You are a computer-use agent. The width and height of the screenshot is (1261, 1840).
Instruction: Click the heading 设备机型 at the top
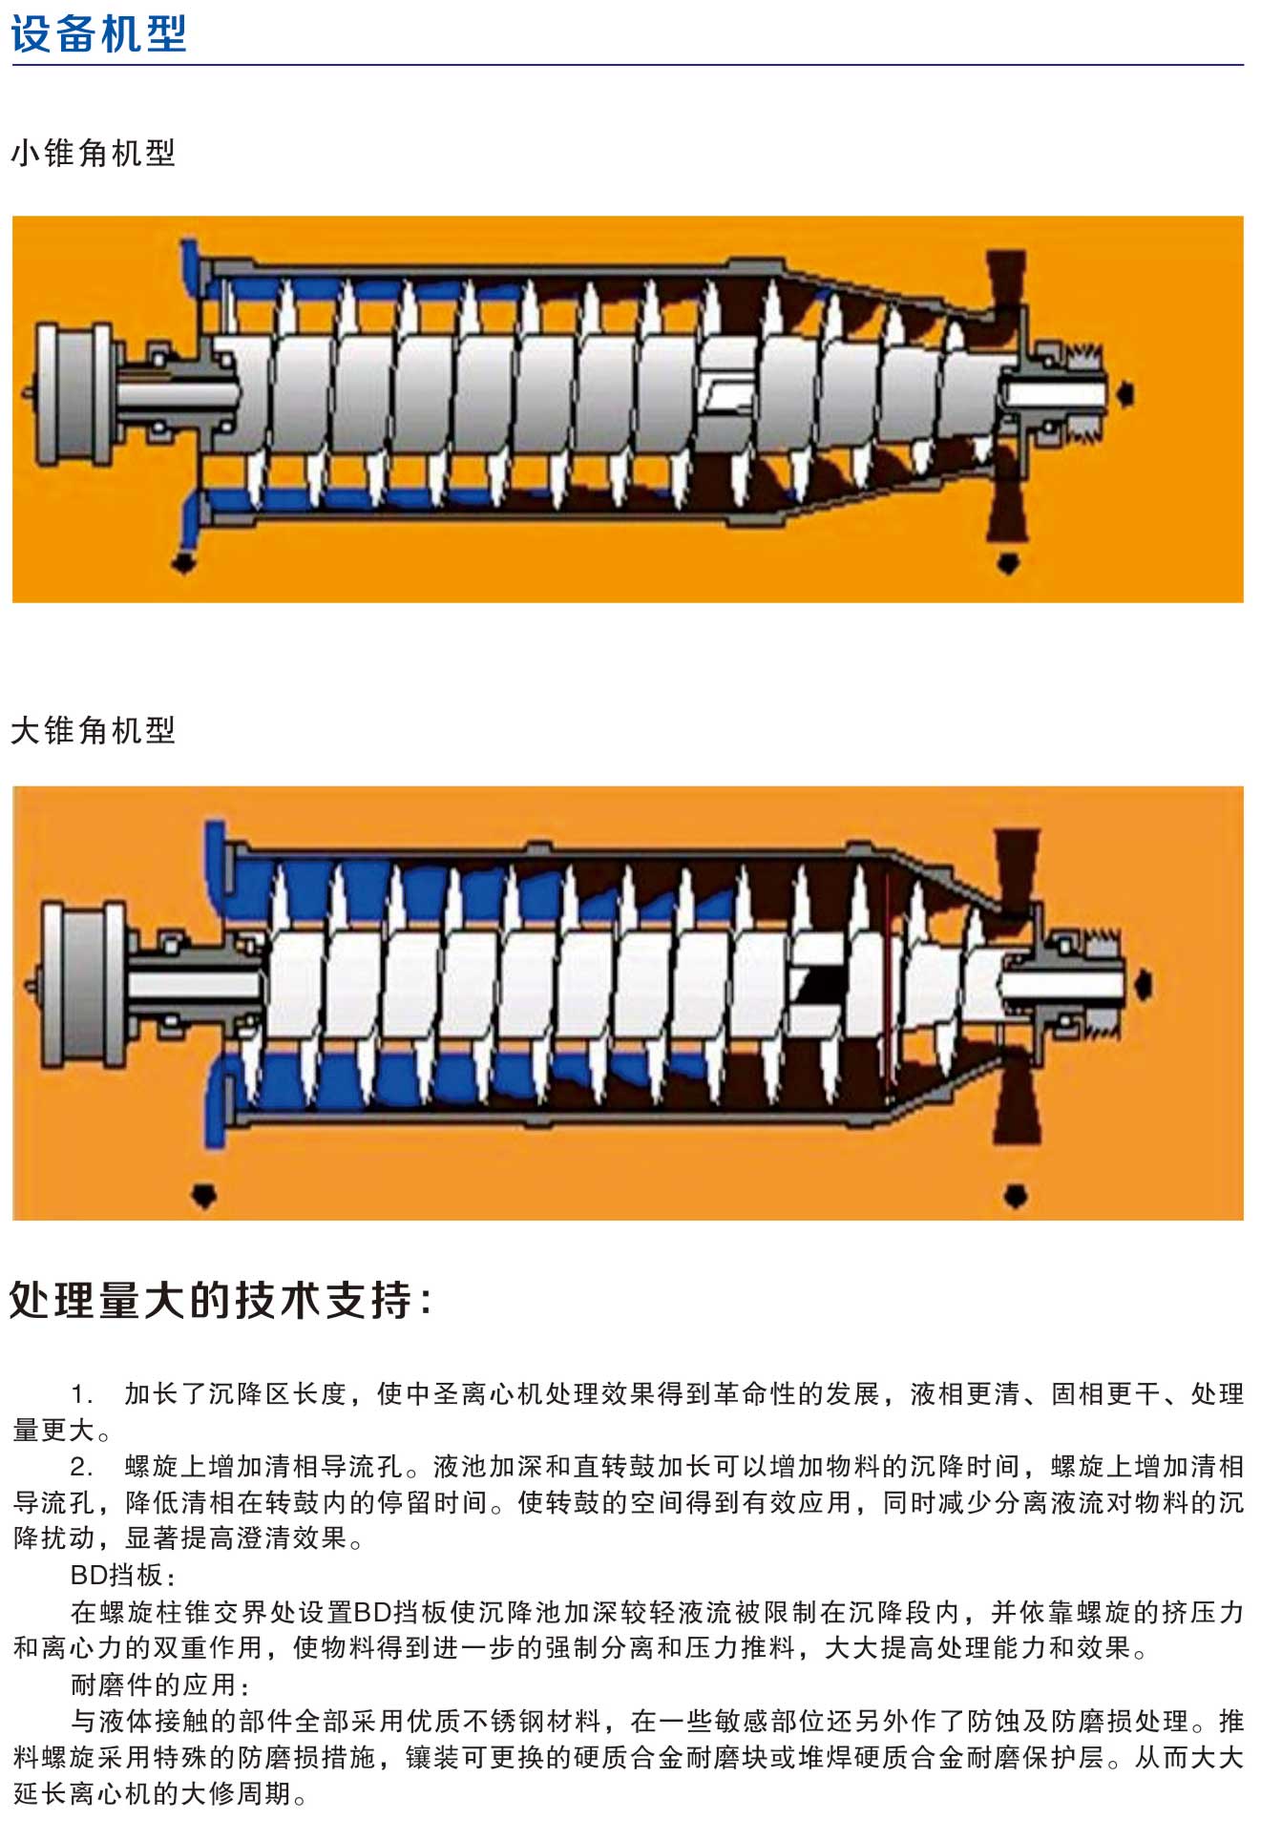point(98,34)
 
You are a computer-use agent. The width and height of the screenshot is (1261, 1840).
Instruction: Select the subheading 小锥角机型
point(94,153)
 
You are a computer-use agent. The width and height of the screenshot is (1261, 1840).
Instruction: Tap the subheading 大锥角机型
point(94,730)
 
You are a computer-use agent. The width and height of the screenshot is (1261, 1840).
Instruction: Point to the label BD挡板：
point(122,1576)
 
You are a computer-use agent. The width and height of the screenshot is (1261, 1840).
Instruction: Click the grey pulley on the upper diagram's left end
point(70,394)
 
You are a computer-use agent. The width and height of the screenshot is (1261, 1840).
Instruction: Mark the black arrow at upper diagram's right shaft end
point(1126,393)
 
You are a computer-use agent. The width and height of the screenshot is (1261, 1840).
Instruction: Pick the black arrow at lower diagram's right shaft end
point(1144,986)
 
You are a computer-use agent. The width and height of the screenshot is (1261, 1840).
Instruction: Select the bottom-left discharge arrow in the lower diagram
point(204,1195)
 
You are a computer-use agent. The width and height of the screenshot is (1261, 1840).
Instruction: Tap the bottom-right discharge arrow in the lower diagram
point(1015,1195)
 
